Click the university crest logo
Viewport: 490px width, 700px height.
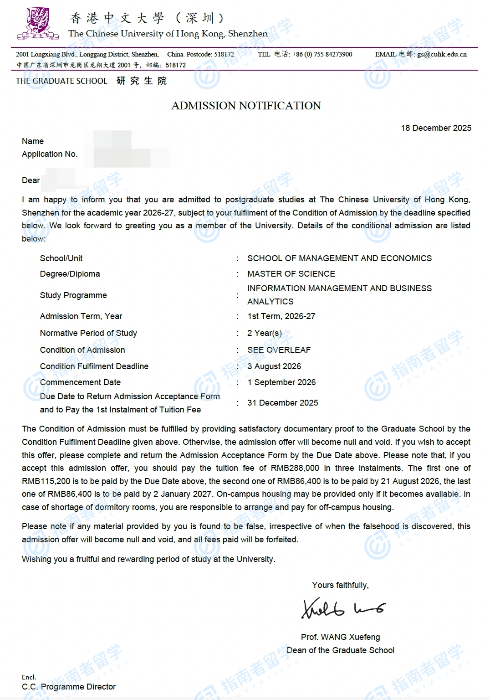point(38,24)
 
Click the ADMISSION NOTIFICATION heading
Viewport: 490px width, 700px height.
point(246,106)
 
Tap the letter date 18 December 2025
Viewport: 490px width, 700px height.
point(436,128)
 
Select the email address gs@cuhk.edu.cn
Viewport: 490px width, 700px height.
point(442,54)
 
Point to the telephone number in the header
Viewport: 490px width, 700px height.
point(322,54)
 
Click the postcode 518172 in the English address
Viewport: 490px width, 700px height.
point(224,54)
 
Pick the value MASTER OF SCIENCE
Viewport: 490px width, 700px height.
point(291,274)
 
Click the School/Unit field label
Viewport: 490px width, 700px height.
point(61,258)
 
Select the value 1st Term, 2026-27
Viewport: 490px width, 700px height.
point(281,316)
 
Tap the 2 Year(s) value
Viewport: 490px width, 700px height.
point(264,333)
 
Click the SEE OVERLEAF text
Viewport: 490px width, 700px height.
point(279,350)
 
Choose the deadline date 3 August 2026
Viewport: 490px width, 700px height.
point(274,366)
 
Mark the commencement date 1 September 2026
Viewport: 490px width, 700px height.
point(281,382)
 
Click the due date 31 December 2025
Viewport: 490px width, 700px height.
point(282,403)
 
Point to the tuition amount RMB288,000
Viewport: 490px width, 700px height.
point(295,468)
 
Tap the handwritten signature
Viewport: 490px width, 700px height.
point(343,608)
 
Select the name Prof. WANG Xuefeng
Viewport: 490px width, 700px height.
point(340,637)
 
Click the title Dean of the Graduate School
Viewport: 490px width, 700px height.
point(340,650)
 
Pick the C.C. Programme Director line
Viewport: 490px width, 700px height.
point(69,687)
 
